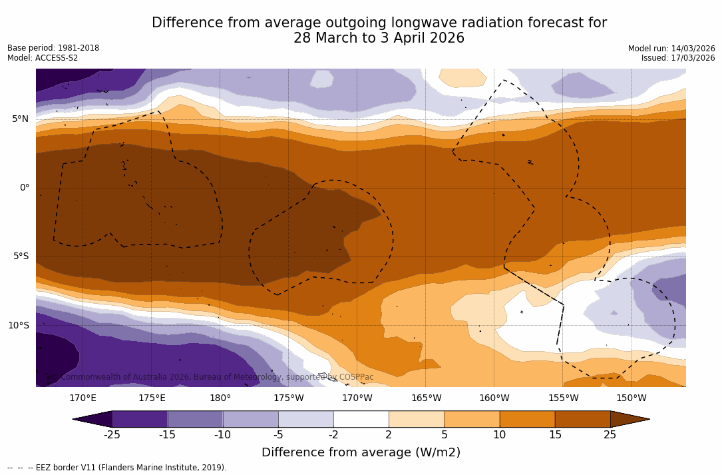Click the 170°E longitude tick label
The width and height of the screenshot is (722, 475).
click(x=83, y=398)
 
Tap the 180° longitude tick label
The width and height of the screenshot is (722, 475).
click(x=220, y=398)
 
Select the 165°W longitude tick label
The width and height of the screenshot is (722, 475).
click(x=426, y=398)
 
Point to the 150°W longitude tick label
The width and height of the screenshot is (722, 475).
click(x=632, y=398)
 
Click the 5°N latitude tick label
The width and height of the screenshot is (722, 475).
click(x=20, y=119)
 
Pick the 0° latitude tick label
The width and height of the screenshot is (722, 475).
click(x=25, y=188)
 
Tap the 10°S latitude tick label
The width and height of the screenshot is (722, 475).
click(x=18, y=326)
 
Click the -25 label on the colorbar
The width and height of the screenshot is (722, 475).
click(x=112, y=435)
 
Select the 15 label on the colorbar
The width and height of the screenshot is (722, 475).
click(x=554, y=435)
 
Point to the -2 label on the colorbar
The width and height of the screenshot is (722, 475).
click(x=333, y=435)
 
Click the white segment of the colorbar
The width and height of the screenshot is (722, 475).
click(x=361, y=419)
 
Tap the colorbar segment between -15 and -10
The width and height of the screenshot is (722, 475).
click(x=195, y=419)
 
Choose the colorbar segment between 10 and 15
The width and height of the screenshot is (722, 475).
click(x=527, y=419)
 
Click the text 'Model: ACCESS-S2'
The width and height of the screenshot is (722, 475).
click(x=43, y=58)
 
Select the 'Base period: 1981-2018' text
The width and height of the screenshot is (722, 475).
click(x=53, y=48)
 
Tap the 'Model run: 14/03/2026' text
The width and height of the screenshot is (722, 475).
click(x=671, y=49)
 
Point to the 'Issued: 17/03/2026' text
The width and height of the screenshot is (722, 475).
click(x=678, y=58)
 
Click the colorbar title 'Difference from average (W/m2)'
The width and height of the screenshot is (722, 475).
click(x=361, y=453)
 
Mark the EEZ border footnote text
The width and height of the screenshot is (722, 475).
click(x=117, y=468)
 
